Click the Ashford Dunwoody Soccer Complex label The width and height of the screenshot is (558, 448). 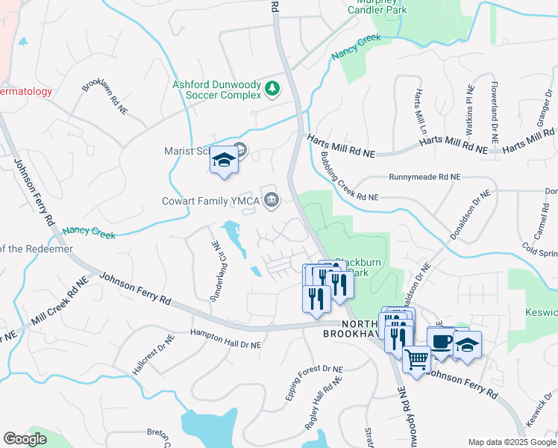coord(217,90)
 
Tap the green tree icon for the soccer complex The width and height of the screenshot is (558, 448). coord(273,90)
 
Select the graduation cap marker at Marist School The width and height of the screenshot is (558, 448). coord(224,161)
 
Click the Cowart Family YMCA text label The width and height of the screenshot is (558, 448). coord(210,200)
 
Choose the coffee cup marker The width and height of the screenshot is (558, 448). coord(441,341)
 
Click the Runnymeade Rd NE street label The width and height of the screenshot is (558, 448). coord(425,178)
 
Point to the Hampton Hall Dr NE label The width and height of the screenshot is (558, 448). coord(225,340)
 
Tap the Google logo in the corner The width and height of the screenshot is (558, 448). coord(25,439)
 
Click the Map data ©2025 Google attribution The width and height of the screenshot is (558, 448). coord(512,442)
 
